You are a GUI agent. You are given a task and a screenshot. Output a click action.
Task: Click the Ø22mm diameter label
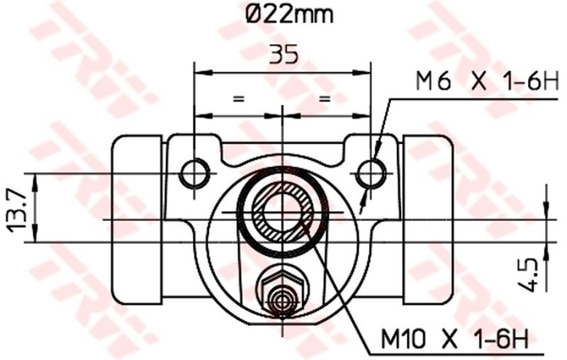tap(281, 13)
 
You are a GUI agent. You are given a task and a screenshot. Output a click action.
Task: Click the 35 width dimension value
tap(283, 55)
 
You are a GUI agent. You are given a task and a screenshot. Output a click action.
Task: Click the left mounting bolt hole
tap(194, 172)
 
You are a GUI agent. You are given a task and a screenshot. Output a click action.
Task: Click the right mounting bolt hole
tap(371, 172)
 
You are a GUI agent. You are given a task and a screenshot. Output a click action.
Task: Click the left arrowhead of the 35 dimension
tap(202, 72)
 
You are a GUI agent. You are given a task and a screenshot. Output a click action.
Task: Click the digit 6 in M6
tap(443, 81)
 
